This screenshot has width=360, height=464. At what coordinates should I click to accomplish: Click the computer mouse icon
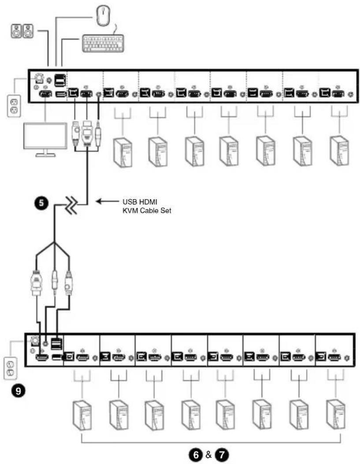click(103, 15)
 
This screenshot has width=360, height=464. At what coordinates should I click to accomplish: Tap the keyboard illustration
click(103, 44)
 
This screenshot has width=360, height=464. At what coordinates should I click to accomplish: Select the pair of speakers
click(22, 31)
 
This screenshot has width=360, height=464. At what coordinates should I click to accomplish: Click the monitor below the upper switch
click(45, 140)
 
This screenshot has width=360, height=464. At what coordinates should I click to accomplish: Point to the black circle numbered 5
click(41, 203)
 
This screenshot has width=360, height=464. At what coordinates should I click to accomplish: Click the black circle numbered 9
click(19, 390)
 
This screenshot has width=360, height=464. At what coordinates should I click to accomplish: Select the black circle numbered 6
click(196, 454)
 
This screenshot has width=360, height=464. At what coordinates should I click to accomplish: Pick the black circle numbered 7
click(222, 454)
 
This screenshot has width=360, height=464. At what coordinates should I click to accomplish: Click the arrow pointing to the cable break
click(107, 202)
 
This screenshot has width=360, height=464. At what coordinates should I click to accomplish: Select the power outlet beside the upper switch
click(14, 106)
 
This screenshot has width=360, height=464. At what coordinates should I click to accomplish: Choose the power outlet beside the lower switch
click(11, 368)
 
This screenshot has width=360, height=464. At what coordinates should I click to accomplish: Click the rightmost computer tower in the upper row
click(340, 151)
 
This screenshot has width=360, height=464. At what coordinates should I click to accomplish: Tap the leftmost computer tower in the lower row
click(82, 416)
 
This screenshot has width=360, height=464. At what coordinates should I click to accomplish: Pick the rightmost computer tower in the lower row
click(335, 415)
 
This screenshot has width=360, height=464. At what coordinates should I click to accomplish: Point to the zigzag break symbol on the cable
click(72, 204)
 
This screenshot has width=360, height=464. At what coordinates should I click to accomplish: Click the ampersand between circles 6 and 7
click(208, 454)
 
